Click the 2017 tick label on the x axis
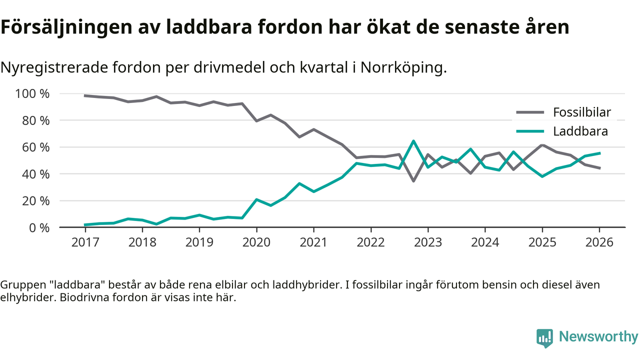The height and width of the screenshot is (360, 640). pos(85,242)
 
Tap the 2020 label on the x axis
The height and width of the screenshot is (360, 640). pos(256,242)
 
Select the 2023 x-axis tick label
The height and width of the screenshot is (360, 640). pos(428,242)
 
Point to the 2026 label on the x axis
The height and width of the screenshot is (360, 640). pos(599,242)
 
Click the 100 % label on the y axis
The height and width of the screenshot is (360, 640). pos(33,94)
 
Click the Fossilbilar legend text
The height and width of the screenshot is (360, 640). pos(581,112)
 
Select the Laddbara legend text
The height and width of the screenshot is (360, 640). pos(580,131)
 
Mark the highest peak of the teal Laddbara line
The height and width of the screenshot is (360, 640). pos(413,141)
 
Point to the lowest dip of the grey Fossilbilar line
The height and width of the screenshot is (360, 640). pos(413,180)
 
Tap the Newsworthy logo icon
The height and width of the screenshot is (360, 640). pos(544,337)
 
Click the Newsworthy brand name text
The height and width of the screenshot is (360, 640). pos(598,337)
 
